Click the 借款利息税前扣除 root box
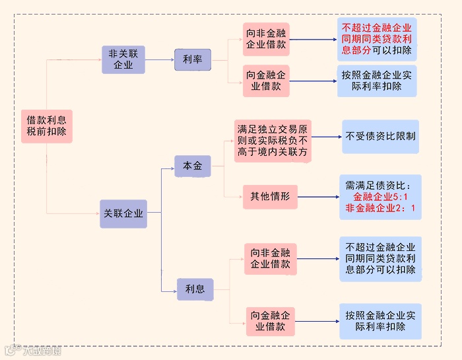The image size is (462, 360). (46, 126)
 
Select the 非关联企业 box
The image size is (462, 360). (123, 59)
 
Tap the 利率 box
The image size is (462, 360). (192, 59)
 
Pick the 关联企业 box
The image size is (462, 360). (123, 213)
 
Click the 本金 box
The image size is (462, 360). (192, 166)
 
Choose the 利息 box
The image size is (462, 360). (195, 289)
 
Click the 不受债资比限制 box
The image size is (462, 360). (381, 137)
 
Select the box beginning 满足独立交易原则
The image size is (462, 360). (273, 141)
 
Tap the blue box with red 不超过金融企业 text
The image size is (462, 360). (377, 39)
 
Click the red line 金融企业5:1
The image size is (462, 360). (380, 197)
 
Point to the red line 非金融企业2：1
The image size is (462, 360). (380, 209)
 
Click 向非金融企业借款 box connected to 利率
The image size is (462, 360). (266, 39)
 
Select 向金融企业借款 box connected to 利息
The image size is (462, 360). (270, 321)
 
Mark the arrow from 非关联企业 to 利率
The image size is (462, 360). (160, 59)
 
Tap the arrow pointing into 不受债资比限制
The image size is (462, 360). (327, 137)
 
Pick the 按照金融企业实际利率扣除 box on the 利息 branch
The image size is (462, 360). (380, 321)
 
